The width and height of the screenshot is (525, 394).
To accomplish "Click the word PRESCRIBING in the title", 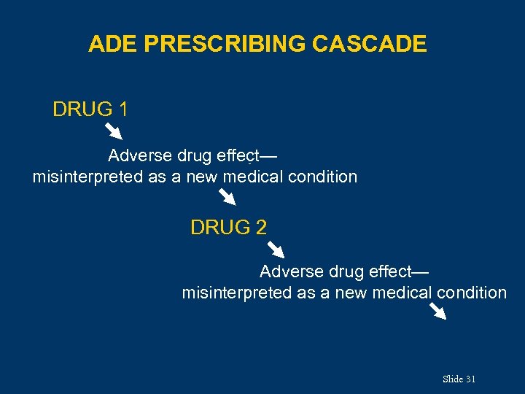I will (225, 45).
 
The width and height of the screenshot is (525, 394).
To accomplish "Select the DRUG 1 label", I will (90, 110).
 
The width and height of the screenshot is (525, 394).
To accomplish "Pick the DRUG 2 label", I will (228, 228).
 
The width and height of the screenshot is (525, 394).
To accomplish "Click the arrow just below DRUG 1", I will (113, 132).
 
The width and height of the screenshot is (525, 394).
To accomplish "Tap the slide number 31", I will (470, 379).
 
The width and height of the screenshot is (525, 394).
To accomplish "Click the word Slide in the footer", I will (452, 379).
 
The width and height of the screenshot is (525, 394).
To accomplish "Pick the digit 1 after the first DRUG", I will (123, 110).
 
